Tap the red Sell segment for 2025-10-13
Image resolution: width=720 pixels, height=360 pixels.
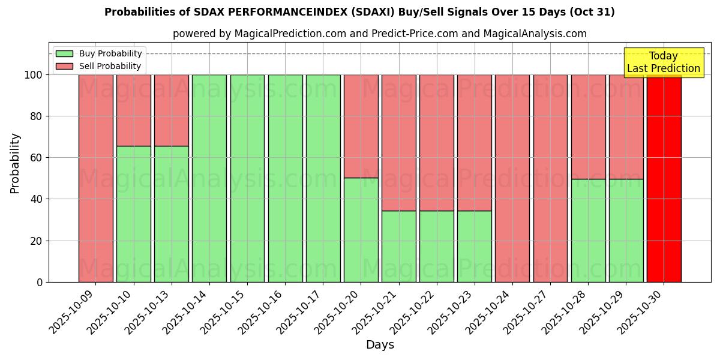171,110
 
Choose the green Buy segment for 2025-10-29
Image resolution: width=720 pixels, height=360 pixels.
626,230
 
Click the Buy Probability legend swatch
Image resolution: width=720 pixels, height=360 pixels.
64,54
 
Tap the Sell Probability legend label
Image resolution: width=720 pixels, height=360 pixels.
110,67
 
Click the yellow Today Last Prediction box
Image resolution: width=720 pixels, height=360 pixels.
663,62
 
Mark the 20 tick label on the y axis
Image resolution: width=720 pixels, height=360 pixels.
37,241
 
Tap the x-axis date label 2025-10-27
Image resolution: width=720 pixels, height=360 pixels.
527,313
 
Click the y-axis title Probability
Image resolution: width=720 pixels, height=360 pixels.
15,163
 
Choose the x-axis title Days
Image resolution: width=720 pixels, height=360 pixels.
380,345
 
